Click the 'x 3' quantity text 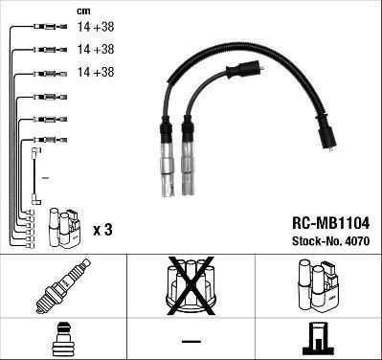click(103, 231)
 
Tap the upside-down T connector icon click(318, 337)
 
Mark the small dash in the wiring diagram click(46, 178)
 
